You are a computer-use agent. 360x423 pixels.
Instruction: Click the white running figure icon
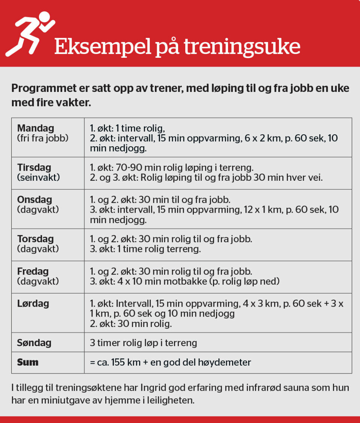[30, 34]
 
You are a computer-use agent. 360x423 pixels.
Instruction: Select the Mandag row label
[36, 128]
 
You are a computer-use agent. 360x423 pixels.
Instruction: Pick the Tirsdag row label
[34, 167]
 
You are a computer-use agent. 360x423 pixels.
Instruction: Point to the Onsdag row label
[34, 199]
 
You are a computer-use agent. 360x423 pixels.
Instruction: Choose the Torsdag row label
[36, 239]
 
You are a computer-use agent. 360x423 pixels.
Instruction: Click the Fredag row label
[33, 271]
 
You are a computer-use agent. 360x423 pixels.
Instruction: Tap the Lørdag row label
[33, 303]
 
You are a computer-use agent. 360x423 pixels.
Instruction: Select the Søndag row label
[34, 342]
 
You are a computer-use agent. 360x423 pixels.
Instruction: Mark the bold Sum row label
[28, 362]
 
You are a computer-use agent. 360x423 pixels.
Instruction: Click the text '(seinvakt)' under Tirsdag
[38, 177]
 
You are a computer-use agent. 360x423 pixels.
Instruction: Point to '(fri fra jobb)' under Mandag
[43, 138]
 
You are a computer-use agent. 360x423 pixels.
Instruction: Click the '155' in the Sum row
[119, 362]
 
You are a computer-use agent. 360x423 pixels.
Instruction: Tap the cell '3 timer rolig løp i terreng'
[143, 342]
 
